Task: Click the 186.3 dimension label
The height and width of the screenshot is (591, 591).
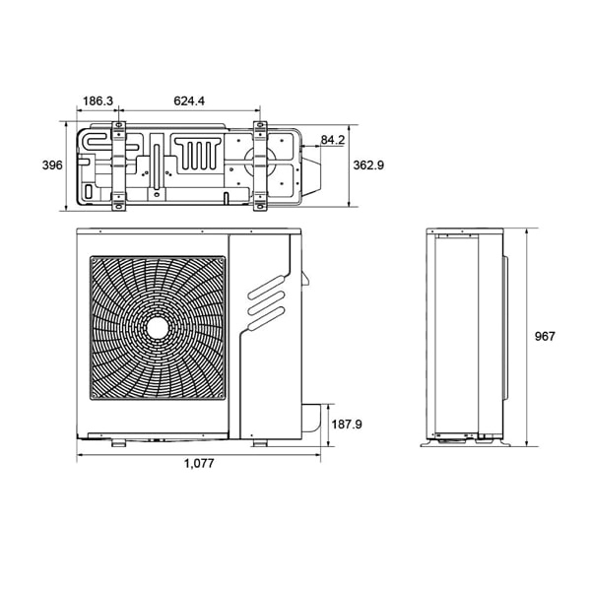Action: point(98,101)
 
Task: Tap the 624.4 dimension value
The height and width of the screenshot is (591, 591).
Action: point(189,101)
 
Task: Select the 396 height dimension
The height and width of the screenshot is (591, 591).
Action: point(52,165)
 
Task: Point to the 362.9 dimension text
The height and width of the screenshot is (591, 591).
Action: point(368,165)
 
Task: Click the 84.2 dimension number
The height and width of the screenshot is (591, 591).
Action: point(333,140)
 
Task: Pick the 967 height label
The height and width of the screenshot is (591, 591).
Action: point(545,336)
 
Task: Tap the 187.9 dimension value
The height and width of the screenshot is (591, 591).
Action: point(347,425)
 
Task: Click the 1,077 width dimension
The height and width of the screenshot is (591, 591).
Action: point(199,463)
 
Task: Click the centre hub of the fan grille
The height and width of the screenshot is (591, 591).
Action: point(158,329)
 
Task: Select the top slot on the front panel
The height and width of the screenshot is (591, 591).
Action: point(267,288)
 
